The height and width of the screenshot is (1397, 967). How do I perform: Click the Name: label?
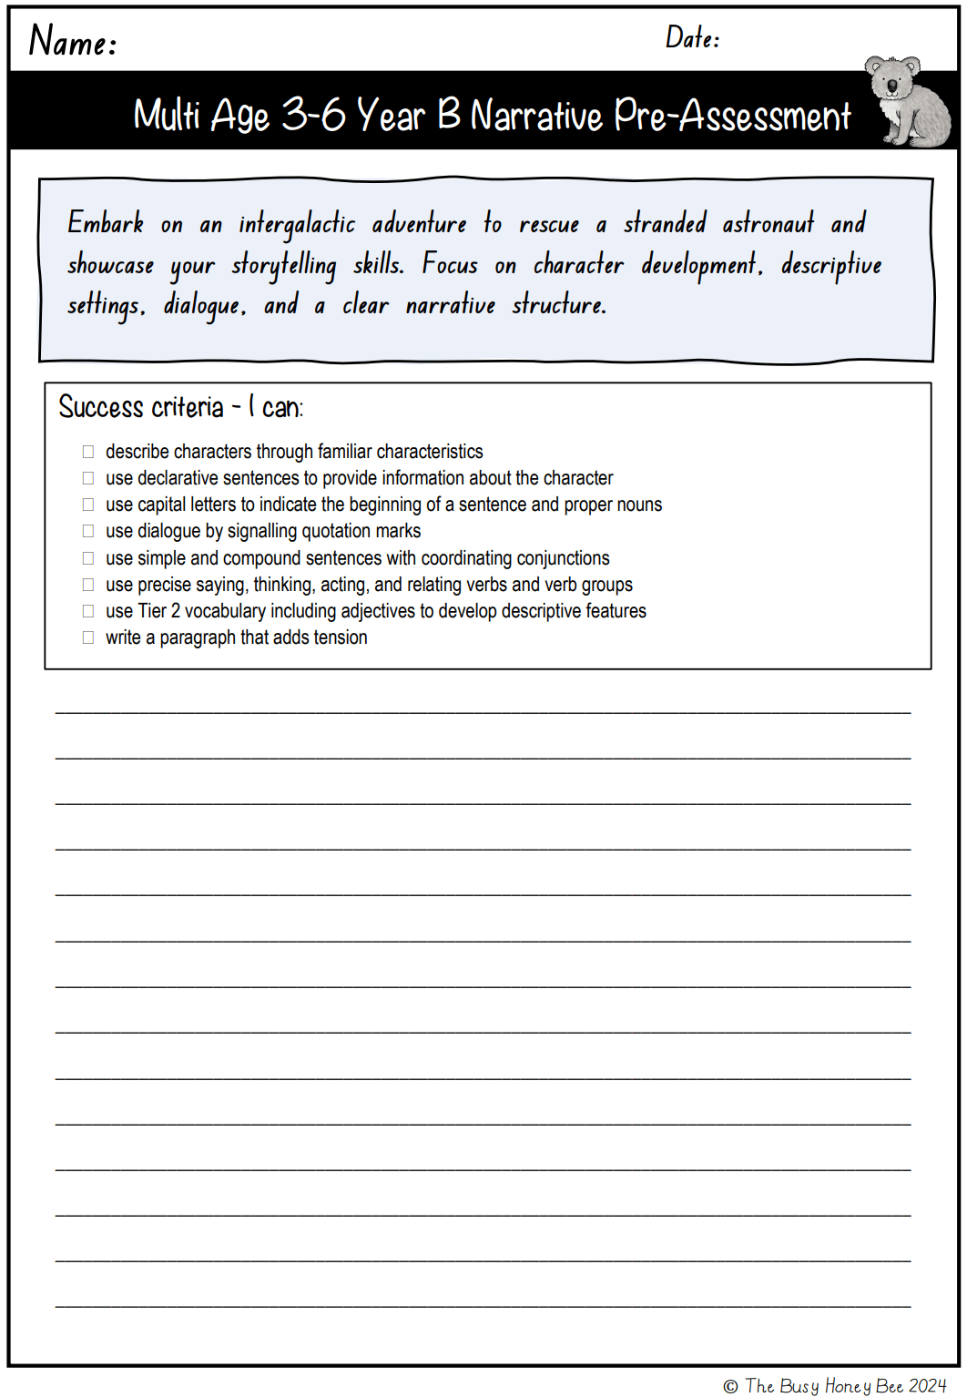[73, 41]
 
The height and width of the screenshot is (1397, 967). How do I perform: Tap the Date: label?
[692, 37]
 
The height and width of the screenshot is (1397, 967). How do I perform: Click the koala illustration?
[906, 102]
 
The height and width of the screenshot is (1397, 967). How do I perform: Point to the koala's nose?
[892, 86]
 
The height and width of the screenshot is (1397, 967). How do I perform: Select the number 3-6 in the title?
[313, 115]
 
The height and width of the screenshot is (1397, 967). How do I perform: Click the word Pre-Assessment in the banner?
[732, 116]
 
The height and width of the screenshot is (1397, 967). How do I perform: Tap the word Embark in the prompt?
[106, 223]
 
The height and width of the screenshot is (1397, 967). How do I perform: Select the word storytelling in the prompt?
[283, 265]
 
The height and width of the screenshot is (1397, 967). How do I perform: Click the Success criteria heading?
[180, 407]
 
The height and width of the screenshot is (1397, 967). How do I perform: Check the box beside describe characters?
[88, 452]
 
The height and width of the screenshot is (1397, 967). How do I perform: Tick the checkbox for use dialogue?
[88, 531]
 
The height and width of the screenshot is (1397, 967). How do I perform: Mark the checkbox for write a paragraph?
[88, 637]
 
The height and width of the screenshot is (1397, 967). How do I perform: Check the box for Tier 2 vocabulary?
[88, 611]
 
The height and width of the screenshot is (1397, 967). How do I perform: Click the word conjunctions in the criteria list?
[563, 558]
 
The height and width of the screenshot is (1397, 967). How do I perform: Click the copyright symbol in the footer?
[730, 1387]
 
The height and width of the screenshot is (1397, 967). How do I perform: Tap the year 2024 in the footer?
[928, 1386]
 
